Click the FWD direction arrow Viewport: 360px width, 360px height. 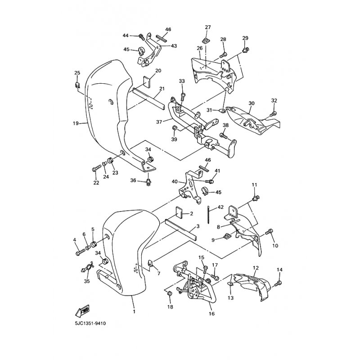point(82,310)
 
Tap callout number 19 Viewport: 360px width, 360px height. point(76,123)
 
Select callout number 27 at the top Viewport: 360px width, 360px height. point(208,27)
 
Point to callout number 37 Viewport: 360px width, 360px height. point(159,122)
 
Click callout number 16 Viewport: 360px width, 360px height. point(211,313)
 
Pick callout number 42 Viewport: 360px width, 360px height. point(220,207)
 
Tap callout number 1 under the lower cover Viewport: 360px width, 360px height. point(134,311)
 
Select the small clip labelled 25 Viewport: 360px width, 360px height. point(77,85)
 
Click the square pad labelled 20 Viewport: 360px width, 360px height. point(147,82)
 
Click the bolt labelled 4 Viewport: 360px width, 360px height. point(80,252)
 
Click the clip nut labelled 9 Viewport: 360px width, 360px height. point(227,235)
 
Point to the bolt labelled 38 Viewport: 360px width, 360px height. point(224,135)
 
